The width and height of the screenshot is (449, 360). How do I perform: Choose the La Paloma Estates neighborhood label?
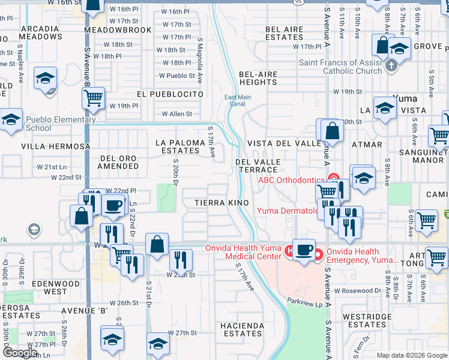[x=181, y=147]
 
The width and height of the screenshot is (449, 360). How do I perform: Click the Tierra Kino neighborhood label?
[x=221, y=203]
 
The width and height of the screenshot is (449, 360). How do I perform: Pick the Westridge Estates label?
[x=367, y=320]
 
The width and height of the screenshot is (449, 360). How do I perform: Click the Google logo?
[x=20, y=353]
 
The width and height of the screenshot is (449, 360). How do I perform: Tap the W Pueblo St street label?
[x=177, y=76]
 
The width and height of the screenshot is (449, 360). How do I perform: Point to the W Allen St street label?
[x=177, y=114]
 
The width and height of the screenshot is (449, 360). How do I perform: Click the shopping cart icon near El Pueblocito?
[x=93, y=97]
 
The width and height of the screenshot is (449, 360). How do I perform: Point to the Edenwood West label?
[x=47, y=287]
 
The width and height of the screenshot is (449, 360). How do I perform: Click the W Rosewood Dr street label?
[x=358, y=291]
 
